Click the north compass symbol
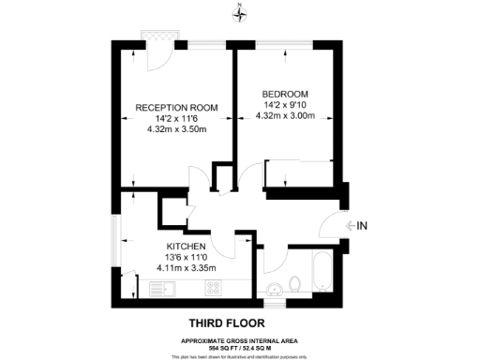click(240, 12)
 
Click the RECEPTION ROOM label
click(177, 108)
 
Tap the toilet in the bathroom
click(294, 282)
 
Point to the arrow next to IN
click(351, 225)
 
